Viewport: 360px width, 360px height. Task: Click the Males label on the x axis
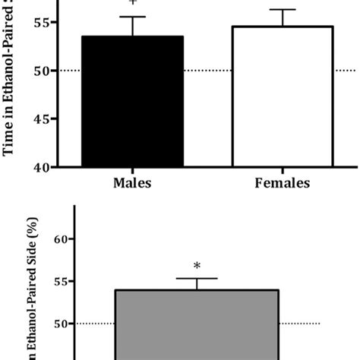[133, 182]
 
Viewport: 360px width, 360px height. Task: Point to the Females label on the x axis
[283, 182]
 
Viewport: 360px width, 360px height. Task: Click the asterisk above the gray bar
[197, 267]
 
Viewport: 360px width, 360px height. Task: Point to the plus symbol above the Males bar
[133, 4]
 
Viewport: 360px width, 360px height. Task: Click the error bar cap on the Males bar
[133, 17]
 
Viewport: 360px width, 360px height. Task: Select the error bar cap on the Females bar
[283, 10]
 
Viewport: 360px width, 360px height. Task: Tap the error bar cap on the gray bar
[197, 279]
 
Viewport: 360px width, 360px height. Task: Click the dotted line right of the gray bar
[300, 324]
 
